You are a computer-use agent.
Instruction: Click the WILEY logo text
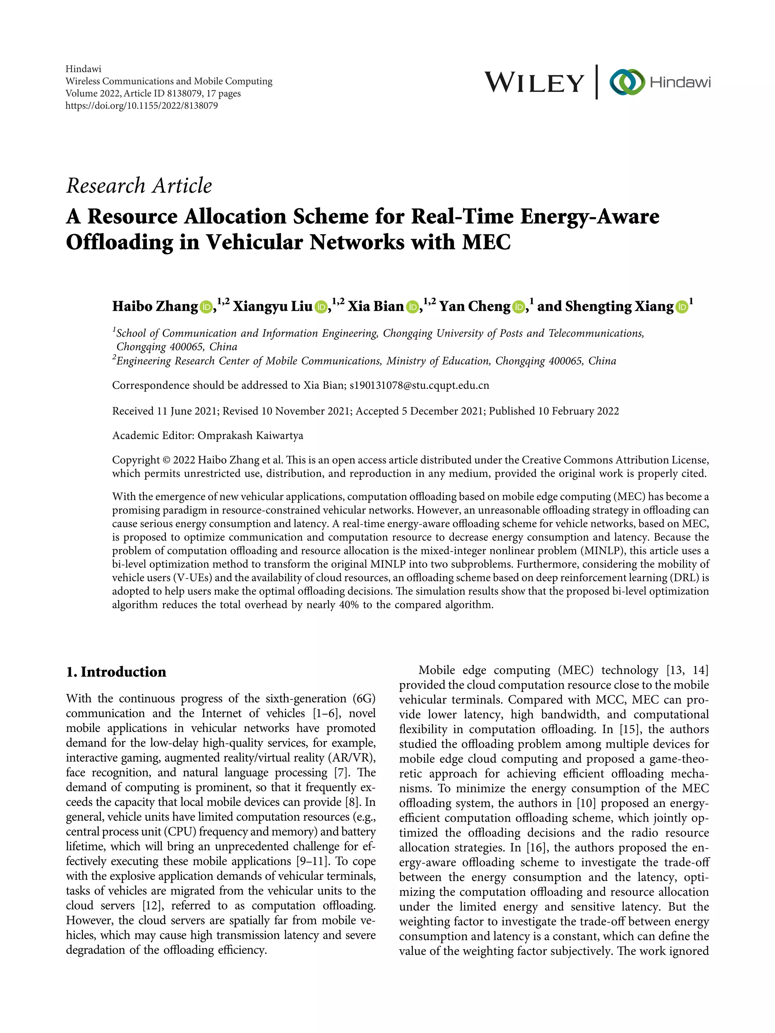pyautogui.click(x=534, y=83)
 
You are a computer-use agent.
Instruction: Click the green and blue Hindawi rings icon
pyautogui.click(x=626, y=83)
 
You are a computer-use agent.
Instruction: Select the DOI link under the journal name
pyautogui.click(x=142, y=106)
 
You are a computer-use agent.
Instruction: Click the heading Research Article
pyautogui.click(x=139, y=186)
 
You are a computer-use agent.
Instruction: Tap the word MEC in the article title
pyautogui.click(x=486, y=242)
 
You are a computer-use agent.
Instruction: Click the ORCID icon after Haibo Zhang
pyautogui.click(x=206, y=307)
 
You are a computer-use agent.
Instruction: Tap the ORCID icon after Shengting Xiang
pyautogui.click(x=682, y=307)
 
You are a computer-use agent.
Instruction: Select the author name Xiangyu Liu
pyautogui.click(x=273, y=306)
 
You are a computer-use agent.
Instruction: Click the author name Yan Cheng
pyautogui.click(x=475, y=306)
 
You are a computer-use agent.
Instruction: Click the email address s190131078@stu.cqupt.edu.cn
pyautogui.click(x=419, y=385)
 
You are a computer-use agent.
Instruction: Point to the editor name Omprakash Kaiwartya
pyautogui.click(x=251, y=436)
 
